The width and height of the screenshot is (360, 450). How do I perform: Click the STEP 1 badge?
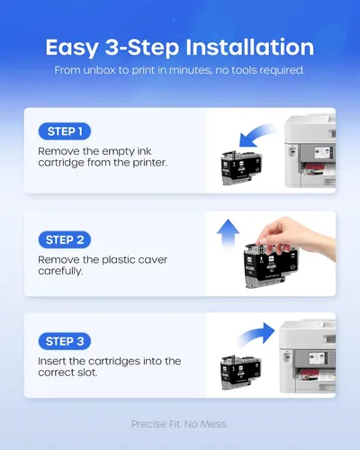[x=65, y=131]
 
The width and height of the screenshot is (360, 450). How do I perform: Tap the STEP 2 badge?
[x=65, y=239]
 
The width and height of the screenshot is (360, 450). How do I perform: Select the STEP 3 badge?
[x=65, y=341]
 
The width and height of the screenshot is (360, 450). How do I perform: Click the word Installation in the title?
[x=249, y=48]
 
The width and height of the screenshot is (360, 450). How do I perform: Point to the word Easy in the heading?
[x=72, y=49]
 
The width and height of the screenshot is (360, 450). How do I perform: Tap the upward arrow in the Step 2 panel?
[x=228, y=234]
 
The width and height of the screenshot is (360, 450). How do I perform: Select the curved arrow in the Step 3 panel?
[x=256, y=335]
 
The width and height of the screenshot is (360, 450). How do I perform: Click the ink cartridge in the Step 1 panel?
[x=241, y=167]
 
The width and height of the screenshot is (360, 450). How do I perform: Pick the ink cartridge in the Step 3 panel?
[x=241, y=372]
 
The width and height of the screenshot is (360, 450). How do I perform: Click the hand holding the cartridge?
[x=295, y=237]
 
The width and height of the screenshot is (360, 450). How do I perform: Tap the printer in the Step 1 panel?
[x=310, y=151]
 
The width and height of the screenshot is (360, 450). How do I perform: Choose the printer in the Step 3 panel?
[x=308, y=356]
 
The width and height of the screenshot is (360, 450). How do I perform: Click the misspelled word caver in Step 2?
[x=153, y=260]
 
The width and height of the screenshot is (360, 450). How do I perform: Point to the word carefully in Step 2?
[x=60, y=271]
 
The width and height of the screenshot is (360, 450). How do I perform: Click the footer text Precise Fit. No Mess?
[x=179, y=424]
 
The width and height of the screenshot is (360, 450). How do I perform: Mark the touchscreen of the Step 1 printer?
[x=322, y=152]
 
